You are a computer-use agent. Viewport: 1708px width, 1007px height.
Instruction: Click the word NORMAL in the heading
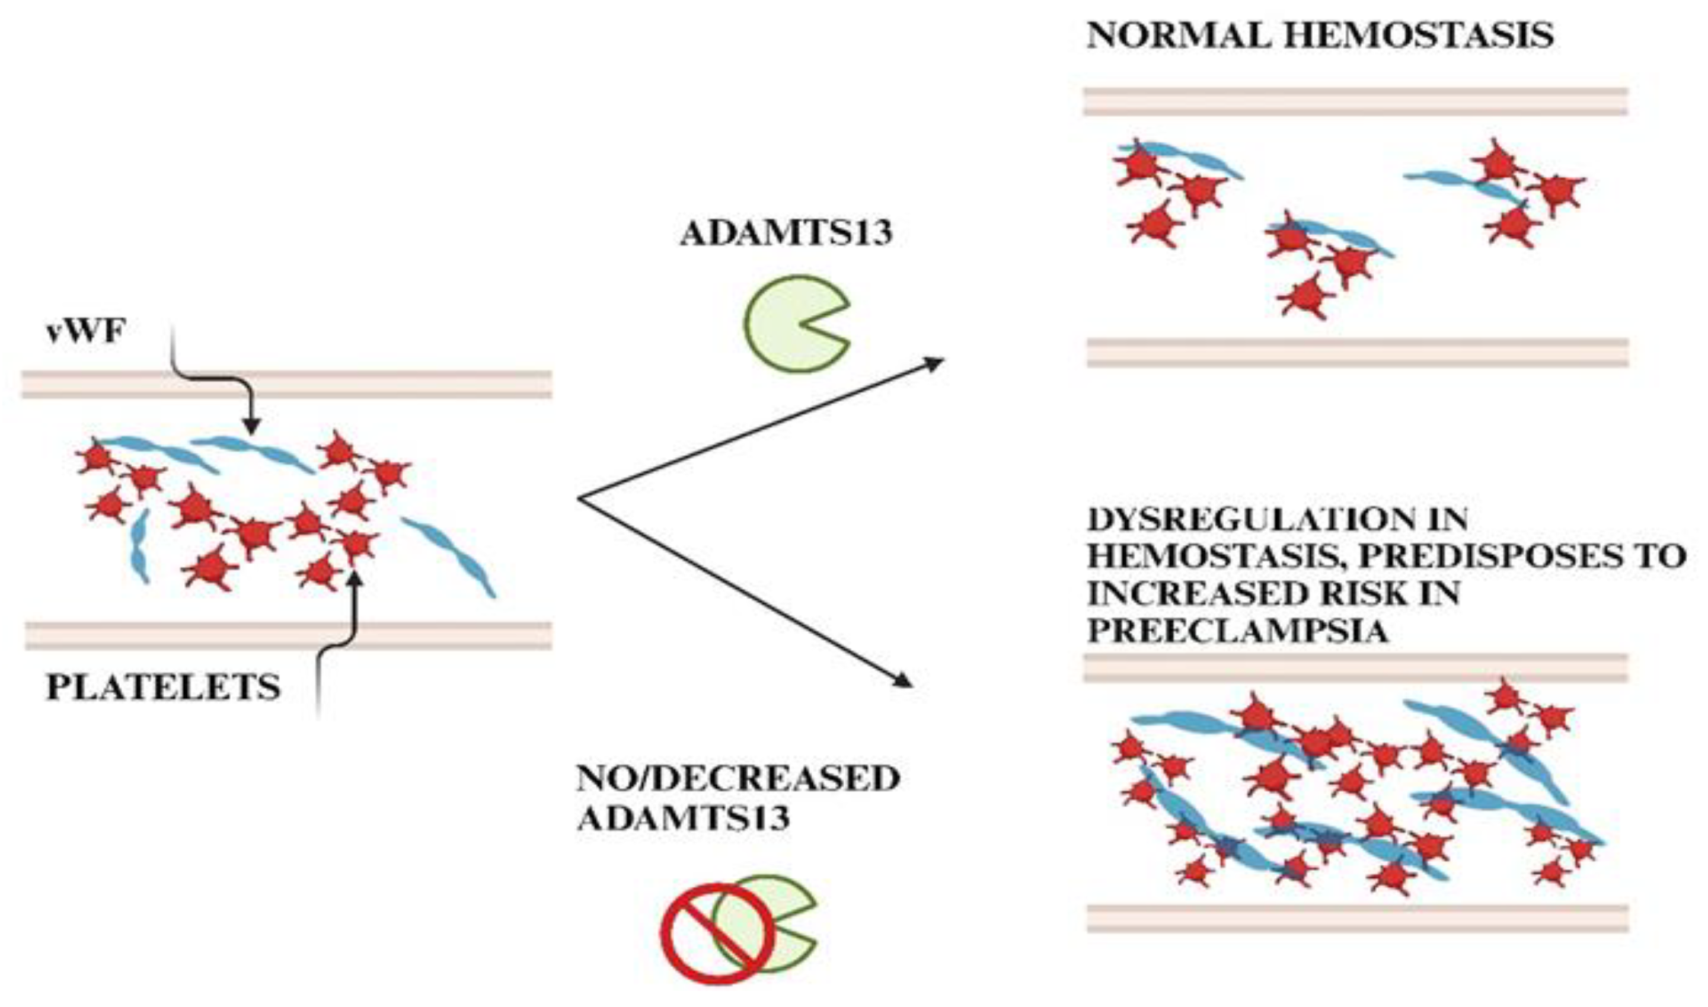click(x=1179, y=36)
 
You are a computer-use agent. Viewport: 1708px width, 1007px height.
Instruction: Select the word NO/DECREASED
click(x=738, y=779)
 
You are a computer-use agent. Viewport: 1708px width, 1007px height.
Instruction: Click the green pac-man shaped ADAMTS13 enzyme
click(x=790, y=324)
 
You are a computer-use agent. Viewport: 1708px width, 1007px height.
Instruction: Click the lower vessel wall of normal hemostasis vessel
click(x=1357, y=353)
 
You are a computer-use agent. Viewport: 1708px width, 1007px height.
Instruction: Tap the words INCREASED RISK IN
click(x=1273, y=594)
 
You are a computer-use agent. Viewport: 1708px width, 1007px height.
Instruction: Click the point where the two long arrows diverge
click(x=579, y=500)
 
